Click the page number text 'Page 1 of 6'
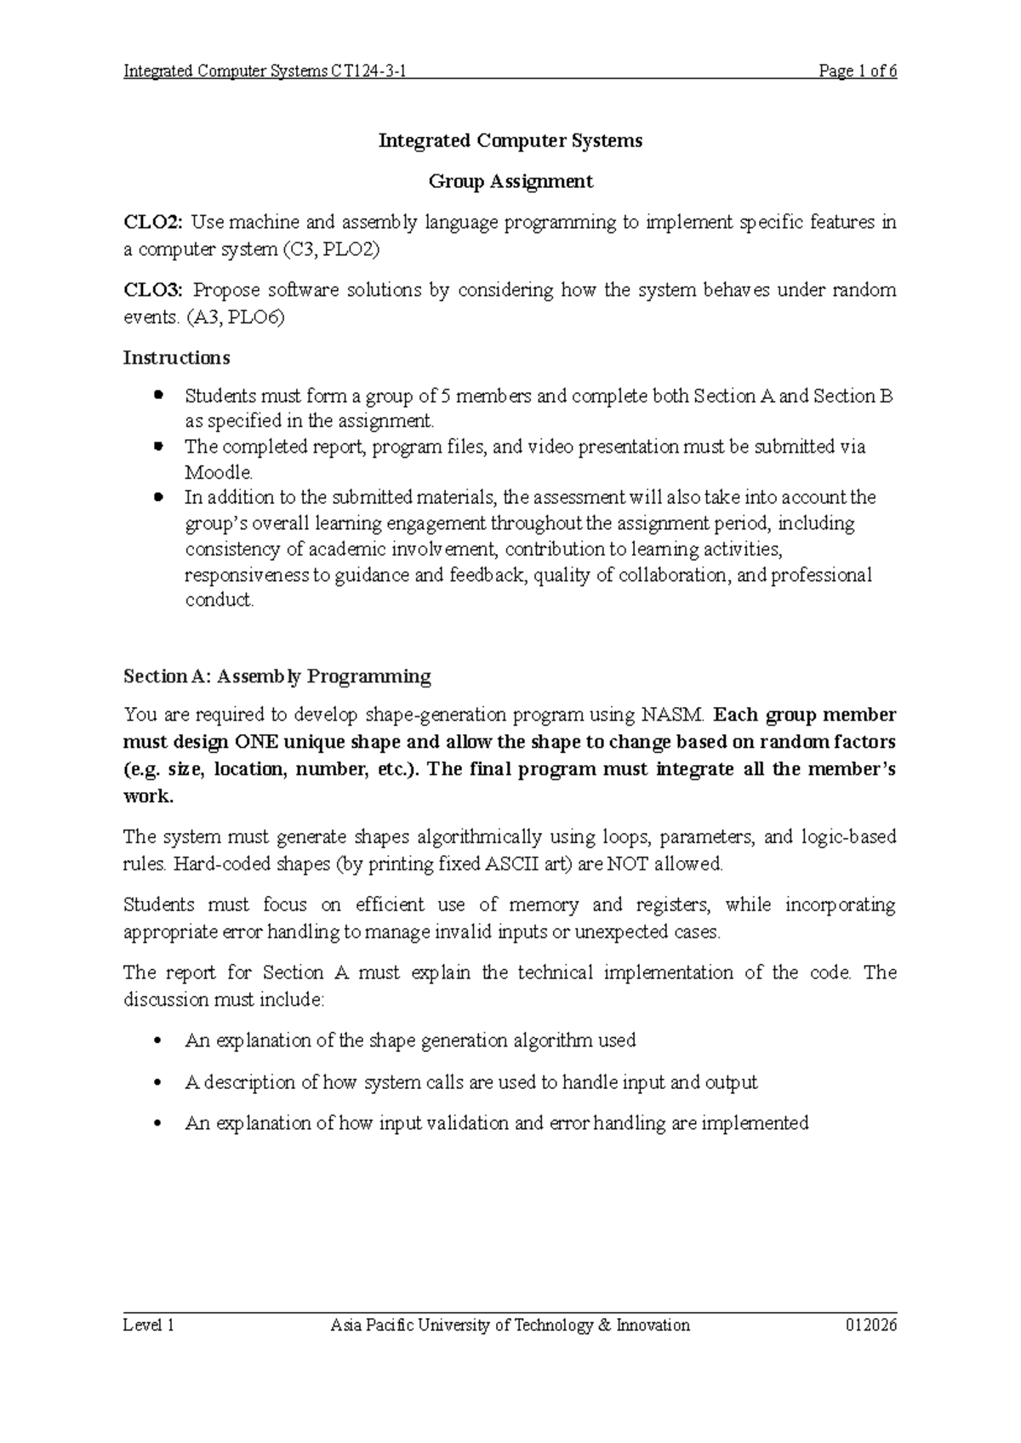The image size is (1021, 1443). click(x=857, y=71)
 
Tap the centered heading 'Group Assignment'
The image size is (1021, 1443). click(x=510, y=181)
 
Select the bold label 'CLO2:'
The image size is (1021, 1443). click(x=153, y=223)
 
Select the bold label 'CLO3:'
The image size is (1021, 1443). click(x=153, y=290)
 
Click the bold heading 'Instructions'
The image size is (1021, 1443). click(x=176, y=357)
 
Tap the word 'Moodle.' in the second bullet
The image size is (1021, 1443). click(x=219, y=472)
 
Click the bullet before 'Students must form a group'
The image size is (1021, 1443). click(x=157, y=396)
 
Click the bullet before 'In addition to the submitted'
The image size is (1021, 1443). click(x=157, y=496)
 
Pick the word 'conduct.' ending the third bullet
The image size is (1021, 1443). click(x=220, y=600)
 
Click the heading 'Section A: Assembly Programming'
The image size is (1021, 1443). click(x=277, y=676)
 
